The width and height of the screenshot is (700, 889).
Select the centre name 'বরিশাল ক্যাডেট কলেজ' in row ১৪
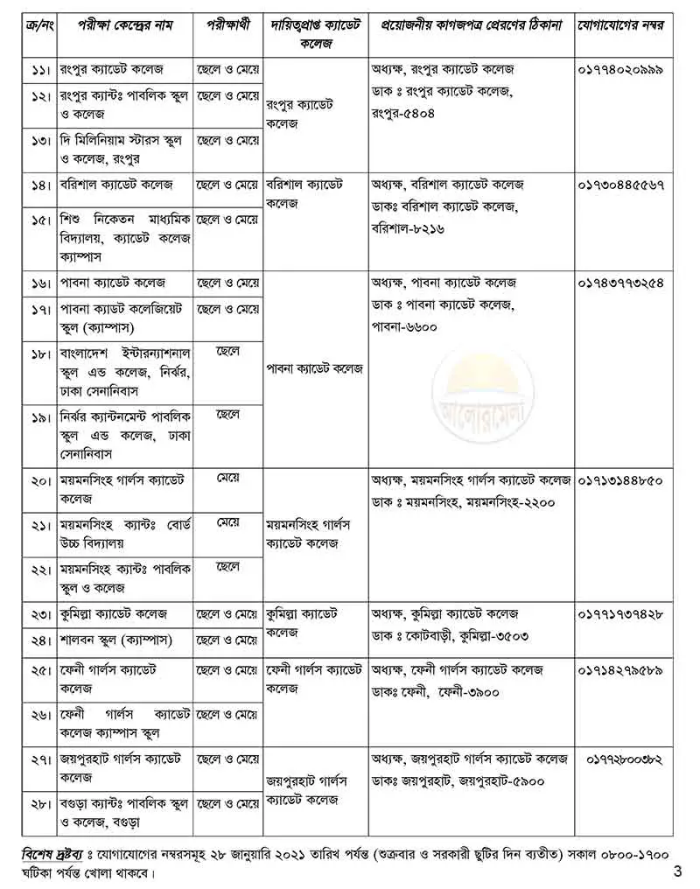(x=117, y=186)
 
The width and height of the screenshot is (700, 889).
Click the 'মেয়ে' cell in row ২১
(x=228, y=523)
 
